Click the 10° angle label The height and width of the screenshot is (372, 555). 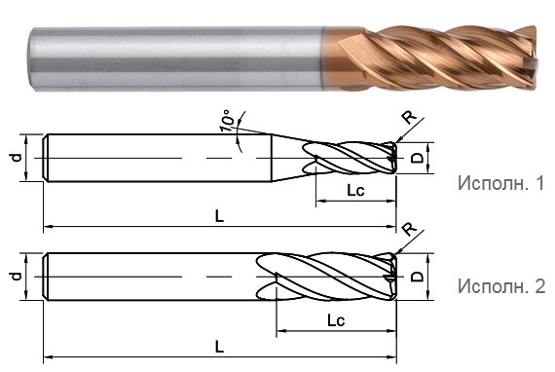coord(227,120)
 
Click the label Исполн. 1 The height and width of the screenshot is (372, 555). coord(500,183)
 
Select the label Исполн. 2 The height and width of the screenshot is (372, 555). coord(501,286)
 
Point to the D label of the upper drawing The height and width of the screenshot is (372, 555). coord(418,158)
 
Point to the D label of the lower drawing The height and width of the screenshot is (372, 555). coord(418,277)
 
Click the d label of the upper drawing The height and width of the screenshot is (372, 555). coord(17,158)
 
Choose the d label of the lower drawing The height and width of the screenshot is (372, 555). coord(17,277)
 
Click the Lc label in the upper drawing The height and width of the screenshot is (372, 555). coord(355,191)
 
